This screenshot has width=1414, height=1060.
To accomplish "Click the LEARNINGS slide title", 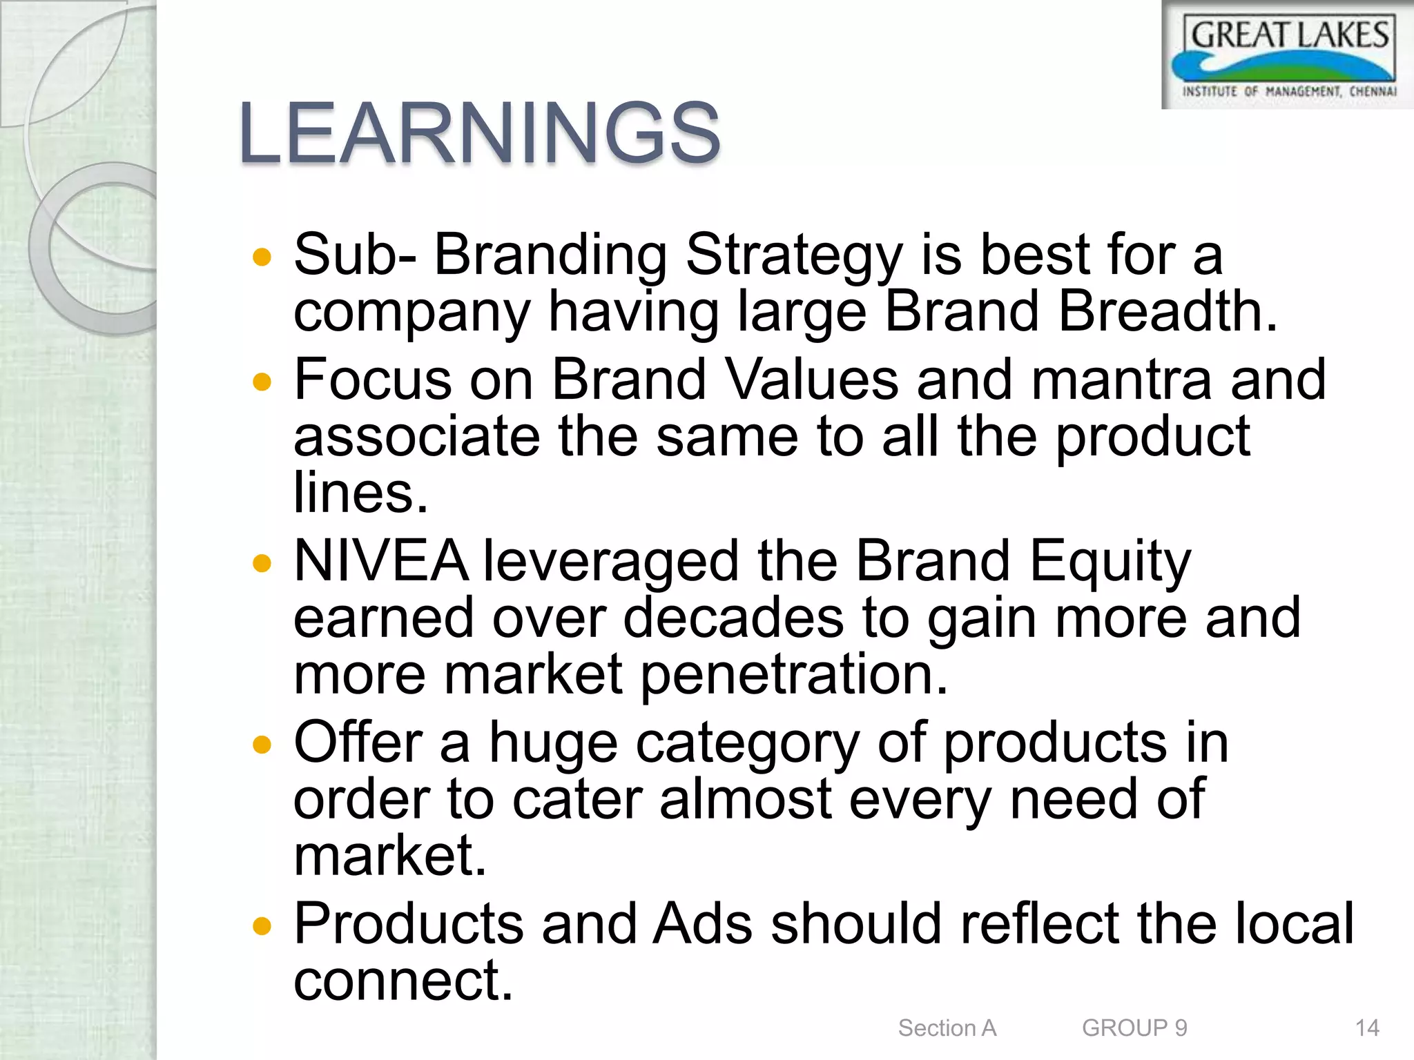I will [x=479, y=132].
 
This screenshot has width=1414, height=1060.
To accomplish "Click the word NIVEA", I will [x=380, y=561].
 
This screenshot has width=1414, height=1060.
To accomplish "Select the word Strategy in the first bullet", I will [x=793, y=256].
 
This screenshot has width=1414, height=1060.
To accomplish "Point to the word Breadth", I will [x=1166, y=311].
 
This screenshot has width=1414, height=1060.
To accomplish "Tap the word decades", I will [x=733, y=618].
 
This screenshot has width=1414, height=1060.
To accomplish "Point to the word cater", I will [x=577, y=799].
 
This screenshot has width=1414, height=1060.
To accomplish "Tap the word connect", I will [x=403, y=980].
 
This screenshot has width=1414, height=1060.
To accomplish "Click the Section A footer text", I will [x=947, y=1028].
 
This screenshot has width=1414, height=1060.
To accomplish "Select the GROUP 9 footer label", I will [x=1134, y=1028].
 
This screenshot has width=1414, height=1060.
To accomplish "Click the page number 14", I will [x=1366, y=1028].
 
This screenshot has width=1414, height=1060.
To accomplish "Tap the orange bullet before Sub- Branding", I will [x=262, y=258].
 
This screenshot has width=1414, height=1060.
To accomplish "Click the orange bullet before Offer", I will [x=262, y=745].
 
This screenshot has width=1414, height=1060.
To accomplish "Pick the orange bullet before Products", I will [x=262, y=925].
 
